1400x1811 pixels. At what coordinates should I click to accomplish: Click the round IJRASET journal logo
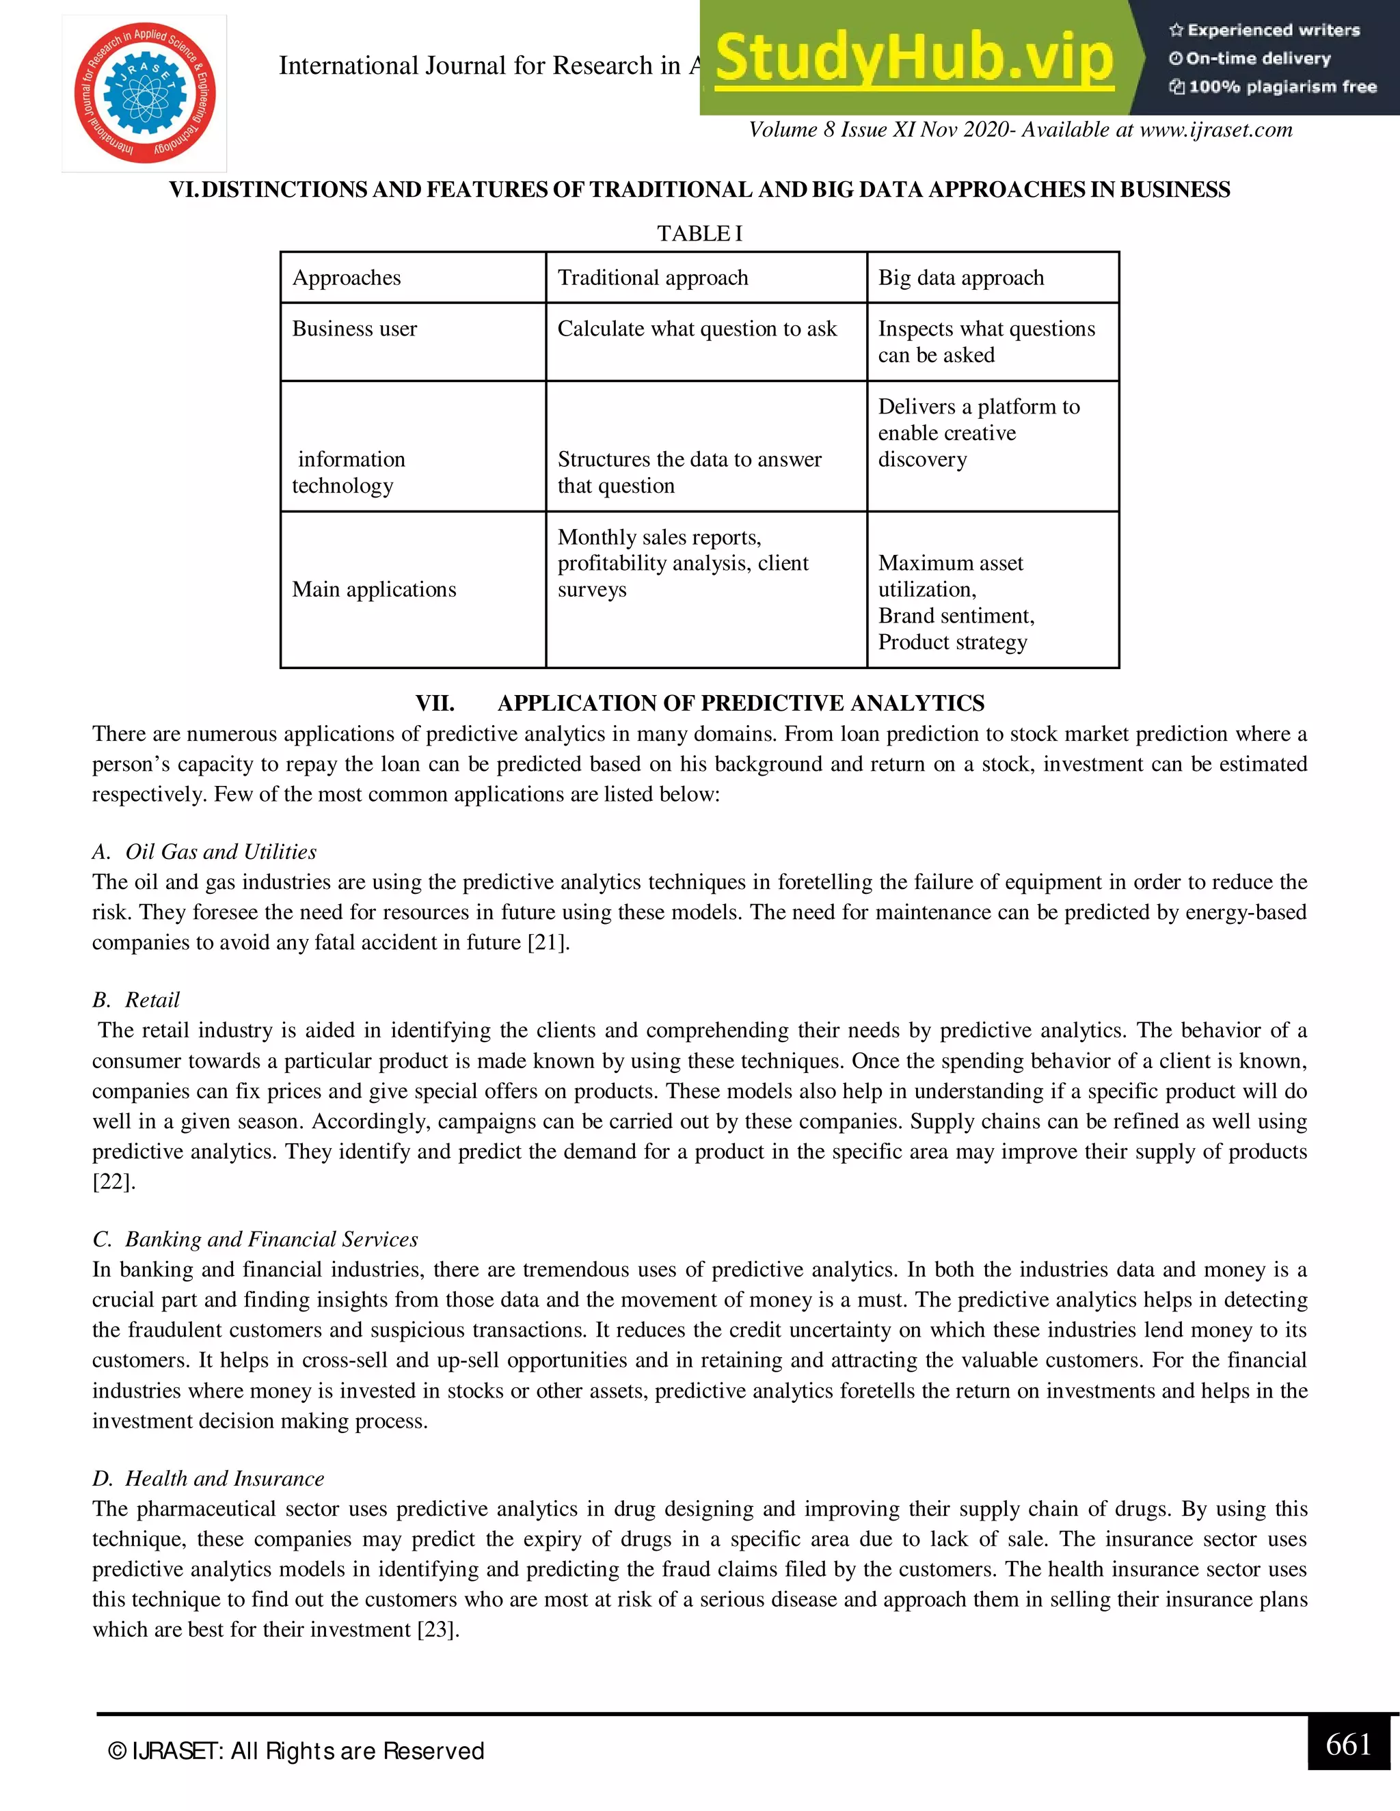click(145, 94)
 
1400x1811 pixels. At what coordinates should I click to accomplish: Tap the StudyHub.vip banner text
click(913, 58)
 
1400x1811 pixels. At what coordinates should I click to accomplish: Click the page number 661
click(1348, 1745)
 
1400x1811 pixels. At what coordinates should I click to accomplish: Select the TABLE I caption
click(699, 234)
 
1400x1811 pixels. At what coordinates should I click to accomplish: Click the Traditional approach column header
click(653, 277)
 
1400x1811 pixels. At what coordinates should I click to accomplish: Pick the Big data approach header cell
click(960, 277)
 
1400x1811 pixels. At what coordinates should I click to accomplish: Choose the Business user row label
click(354, 329)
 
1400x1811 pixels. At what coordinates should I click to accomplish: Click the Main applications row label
click(374, 590)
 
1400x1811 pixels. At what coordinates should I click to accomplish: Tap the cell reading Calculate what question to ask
click(697, 329)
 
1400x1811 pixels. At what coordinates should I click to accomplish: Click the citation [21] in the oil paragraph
click(548, 943)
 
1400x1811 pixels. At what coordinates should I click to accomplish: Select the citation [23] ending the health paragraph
click(437, 1629)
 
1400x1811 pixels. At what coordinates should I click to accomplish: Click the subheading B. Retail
click(136, 1000)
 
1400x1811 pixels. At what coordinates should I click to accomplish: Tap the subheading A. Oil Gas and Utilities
click(204, 852)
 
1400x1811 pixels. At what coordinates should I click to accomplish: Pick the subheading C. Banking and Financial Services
click(256, 1240)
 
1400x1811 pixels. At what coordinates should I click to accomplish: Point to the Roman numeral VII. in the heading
click(435, 703)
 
